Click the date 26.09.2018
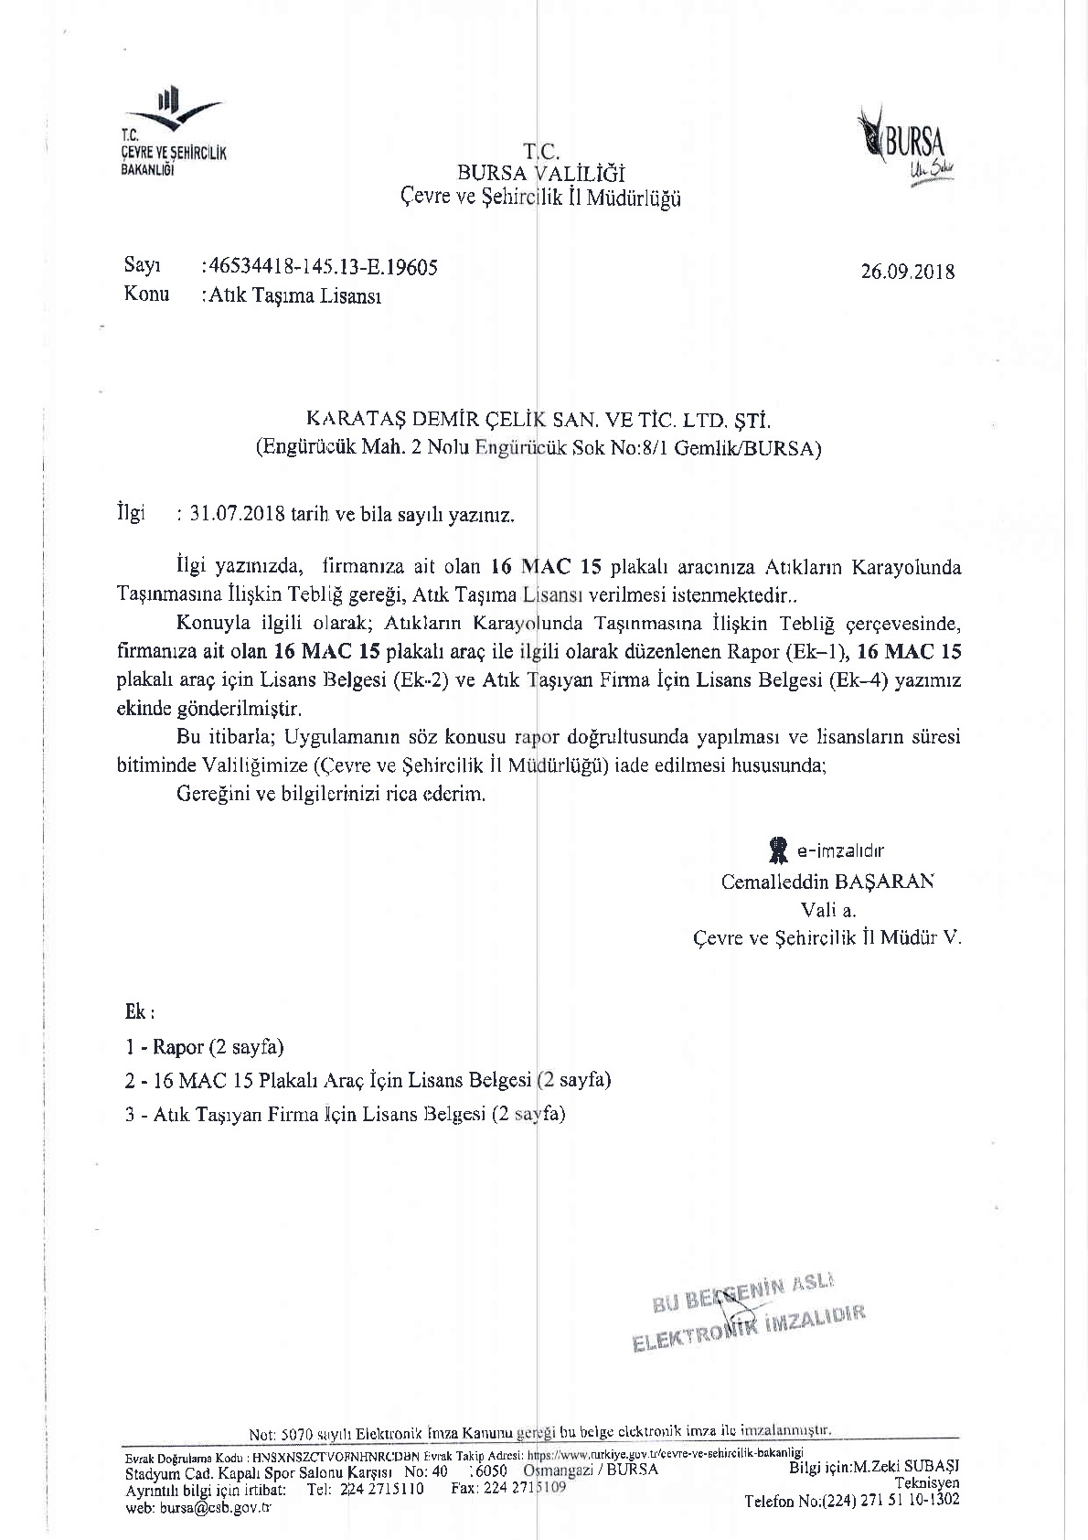907,272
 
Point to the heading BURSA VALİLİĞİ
540,174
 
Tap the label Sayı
142,266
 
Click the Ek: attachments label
140,1012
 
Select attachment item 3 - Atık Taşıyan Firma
346,1114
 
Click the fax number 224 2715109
509,1488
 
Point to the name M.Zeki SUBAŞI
906,1467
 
